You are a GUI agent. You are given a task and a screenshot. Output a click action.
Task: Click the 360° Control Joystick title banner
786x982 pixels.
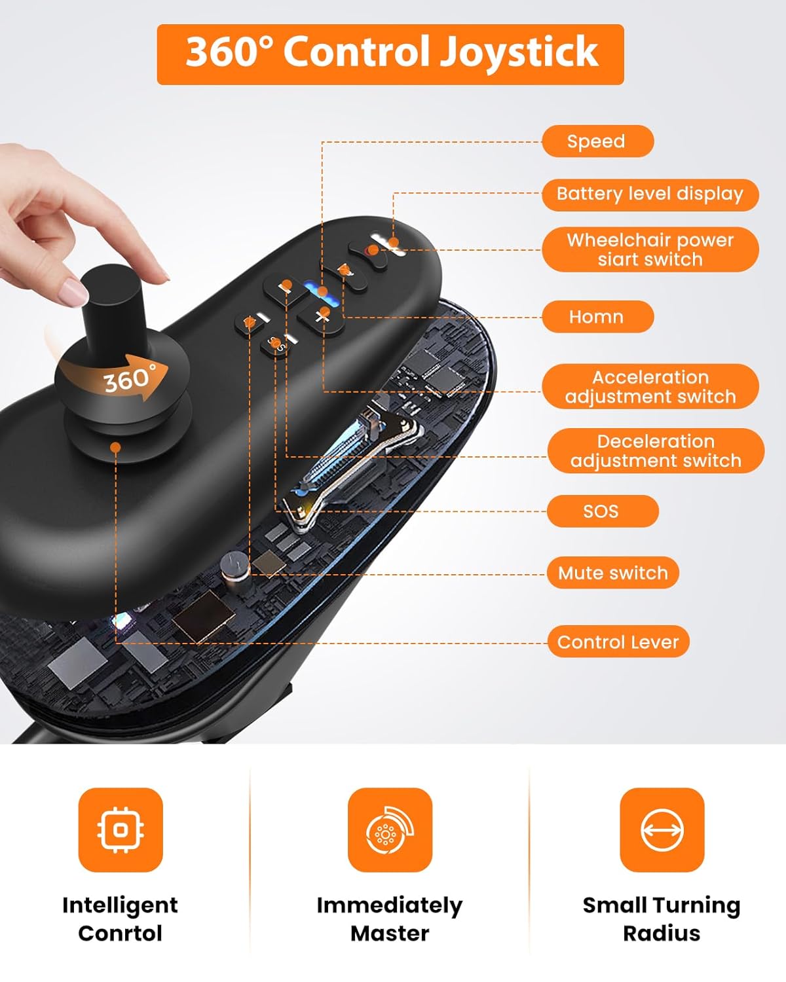tap(390, 54)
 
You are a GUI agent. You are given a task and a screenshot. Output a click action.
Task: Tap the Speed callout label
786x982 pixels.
tap(597, 141)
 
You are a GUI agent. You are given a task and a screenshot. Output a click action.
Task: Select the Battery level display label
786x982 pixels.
tap(650, 194)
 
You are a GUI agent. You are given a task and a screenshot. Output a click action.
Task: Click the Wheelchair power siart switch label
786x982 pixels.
tap(650, 249)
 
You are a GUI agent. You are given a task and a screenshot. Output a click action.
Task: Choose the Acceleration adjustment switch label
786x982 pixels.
tap(650, 387)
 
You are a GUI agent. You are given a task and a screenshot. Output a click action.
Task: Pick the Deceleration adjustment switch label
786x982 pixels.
tap(655, 451)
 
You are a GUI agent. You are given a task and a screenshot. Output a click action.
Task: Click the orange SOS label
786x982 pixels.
tap(602, 511)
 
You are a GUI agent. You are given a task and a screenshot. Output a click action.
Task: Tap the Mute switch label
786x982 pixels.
tap(612, 573)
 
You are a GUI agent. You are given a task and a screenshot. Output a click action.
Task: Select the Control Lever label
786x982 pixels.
tap(618, 642)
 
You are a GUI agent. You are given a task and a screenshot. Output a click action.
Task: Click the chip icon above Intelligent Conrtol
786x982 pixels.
tap(121, 830)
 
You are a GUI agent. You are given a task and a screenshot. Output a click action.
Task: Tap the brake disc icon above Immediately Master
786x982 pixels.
tap(390, 830)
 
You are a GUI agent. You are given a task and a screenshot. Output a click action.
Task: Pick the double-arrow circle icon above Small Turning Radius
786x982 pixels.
tap(662, 830)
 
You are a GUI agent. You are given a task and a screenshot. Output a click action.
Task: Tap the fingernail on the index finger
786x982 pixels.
tap(71, 292)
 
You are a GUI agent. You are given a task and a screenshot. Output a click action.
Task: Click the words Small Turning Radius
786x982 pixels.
tap(662, 919)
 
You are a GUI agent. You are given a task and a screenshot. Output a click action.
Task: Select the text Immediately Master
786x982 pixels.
tap(390, 919)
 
